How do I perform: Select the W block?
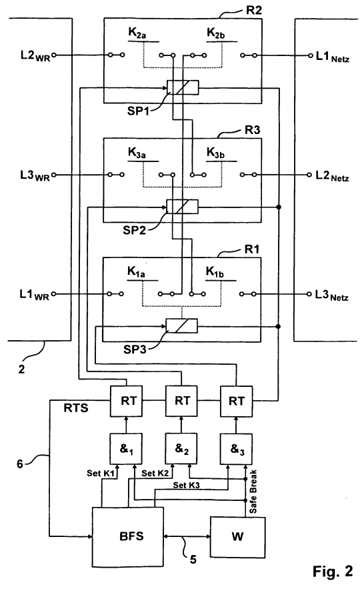click(x=237, y=537)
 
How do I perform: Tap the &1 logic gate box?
click(x=126, y=449)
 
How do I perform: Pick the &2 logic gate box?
click(x=181, y=449)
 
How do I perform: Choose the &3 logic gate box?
click(x=237, y=449)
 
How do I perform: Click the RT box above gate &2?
click(x=181, y=400)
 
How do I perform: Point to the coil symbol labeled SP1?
click(x=183, y=88)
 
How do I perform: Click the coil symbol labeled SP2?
click(x=182, y=207)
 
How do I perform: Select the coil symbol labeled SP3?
click(x=182, y=326)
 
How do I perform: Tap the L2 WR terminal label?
click(x=35, y=56)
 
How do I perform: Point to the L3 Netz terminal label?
click(x=331, y=295)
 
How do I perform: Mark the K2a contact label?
click(x=137, y=33)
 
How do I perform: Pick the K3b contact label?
click(x=215, y=153)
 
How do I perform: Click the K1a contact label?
click(x=136, y=272)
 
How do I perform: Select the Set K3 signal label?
click(x=187, y=485)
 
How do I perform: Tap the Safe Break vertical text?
click(x=253, y=491)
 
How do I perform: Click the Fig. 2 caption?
click(x=333, y=571)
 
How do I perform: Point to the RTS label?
click(x=76, y=408)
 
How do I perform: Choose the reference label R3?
click(x=252, y=130)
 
